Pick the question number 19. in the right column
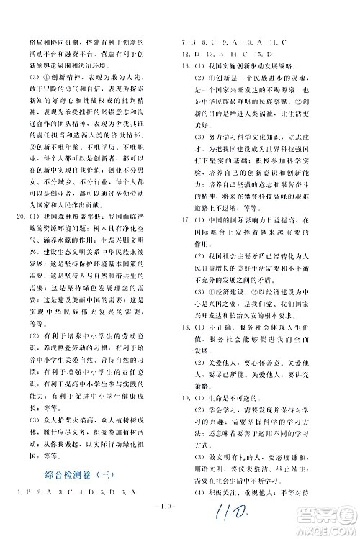tap(186, 397)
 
